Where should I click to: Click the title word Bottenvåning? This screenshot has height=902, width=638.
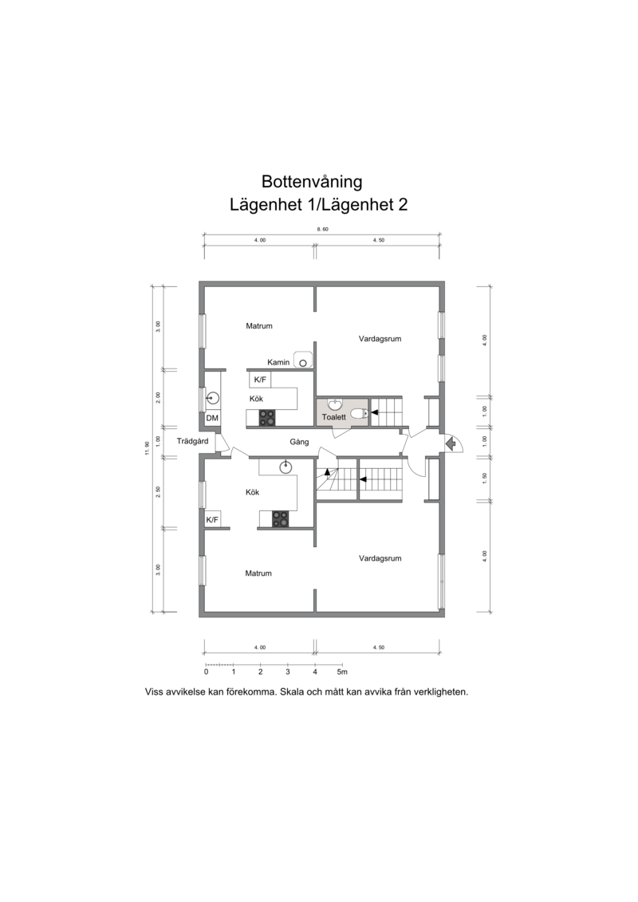(312, 182)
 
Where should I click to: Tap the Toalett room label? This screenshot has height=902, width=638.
(333, 417)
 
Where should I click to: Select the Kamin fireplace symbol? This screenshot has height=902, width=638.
(302, 360)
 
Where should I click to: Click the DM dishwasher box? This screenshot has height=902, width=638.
(212, 418)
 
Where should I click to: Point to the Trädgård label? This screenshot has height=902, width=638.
(193, 441)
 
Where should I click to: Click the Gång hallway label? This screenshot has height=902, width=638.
(299, 442)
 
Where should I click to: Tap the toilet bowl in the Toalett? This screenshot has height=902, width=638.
(358, 412)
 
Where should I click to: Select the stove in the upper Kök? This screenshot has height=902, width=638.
(266, 418)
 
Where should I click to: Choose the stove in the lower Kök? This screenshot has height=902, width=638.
(280, 519)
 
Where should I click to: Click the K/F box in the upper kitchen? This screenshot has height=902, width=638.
(260, 380)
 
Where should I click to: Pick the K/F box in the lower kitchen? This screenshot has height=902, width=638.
(212, 519)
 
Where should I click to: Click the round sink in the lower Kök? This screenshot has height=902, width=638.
(286, 467)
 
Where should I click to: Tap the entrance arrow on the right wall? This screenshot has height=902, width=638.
(451, 443)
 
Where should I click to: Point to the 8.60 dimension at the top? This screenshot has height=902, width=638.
(322, 229)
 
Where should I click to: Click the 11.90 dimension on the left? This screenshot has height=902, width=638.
(148, 447)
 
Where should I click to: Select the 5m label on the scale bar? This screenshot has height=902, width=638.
(341, 672)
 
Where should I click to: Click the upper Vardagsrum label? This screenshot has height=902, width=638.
(380, 339)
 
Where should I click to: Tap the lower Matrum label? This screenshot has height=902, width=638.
(258, 573)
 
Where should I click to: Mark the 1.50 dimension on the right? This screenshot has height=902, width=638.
(484, 478)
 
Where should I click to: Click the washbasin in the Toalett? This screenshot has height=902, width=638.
(334, 404)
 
